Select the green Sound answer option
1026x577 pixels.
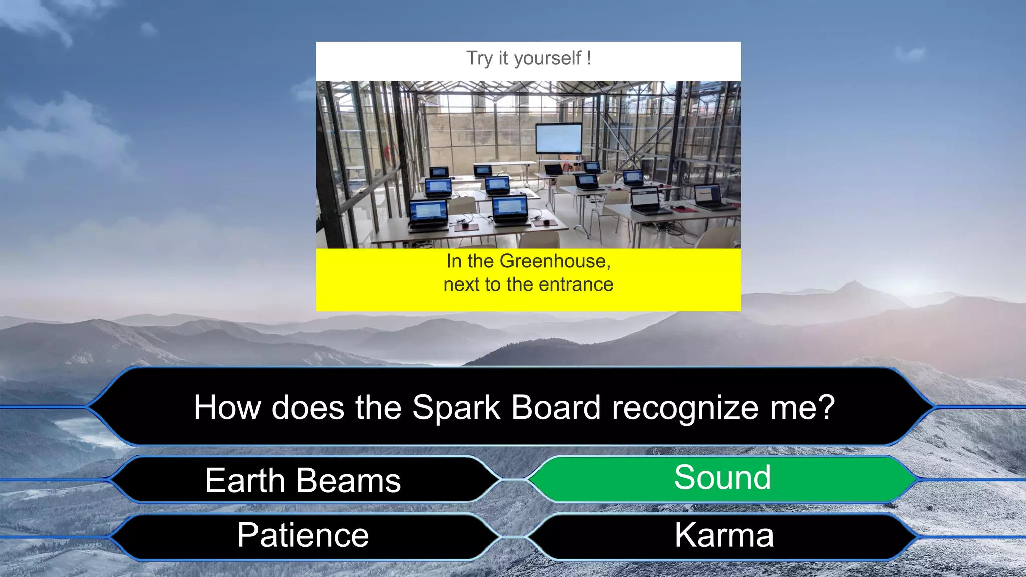pos(722,478)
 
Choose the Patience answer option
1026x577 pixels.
pos(303,535)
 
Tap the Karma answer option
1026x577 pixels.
pos(723,535)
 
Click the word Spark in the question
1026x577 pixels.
pos(456,407)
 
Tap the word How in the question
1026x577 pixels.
pos(226,407)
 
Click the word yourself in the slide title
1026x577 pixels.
pos(548,59)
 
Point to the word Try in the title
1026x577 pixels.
pos(479,59)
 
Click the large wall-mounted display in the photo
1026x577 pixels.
pos(559,138)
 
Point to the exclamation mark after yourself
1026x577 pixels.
pos(589,58)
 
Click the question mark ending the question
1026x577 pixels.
pos(826,407)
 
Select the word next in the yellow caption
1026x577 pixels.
pos(461,284)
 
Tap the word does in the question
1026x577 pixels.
pos(308,407)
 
